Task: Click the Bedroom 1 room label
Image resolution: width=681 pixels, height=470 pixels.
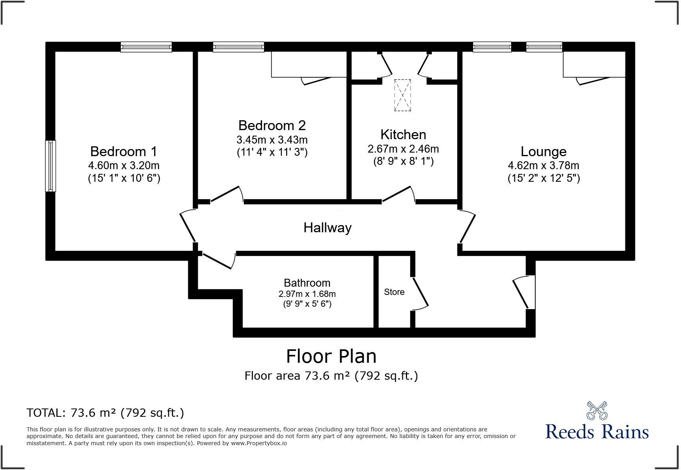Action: point(123,151)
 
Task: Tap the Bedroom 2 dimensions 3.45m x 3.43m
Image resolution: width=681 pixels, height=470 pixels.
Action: point(272,140)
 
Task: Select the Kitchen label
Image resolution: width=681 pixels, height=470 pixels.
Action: point(403,134)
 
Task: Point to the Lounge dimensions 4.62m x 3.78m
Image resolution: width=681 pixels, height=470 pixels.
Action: point(543,166)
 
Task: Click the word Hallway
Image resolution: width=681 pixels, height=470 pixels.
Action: point(327,228)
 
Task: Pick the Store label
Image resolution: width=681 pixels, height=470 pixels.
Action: point(394,292)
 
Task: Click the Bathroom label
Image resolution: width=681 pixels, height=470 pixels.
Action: point(307,283)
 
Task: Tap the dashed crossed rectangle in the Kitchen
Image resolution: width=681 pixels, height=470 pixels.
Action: point(402,95)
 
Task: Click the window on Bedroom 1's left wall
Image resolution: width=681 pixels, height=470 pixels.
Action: point(50,166)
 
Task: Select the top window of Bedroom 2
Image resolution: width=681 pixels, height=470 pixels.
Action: point(238,47)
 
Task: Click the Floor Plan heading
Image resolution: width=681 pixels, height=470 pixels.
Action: point(331,356)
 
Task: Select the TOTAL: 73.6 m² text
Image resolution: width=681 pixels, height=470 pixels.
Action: point(105,413)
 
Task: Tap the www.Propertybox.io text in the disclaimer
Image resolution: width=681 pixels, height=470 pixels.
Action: point(259,443)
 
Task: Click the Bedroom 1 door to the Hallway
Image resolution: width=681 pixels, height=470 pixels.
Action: point(188,227)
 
